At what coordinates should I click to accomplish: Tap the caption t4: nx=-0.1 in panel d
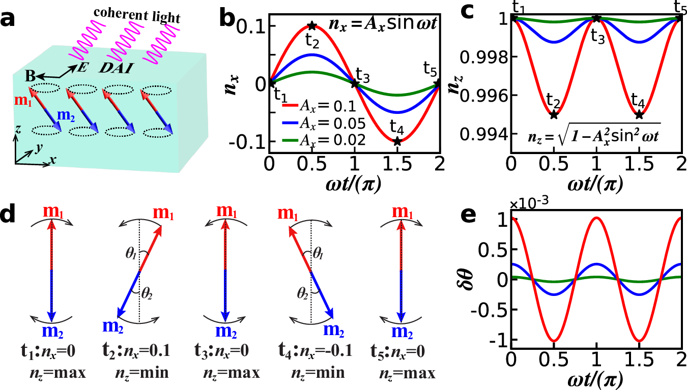[311, 352]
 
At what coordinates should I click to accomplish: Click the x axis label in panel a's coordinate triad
[52, 160]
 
